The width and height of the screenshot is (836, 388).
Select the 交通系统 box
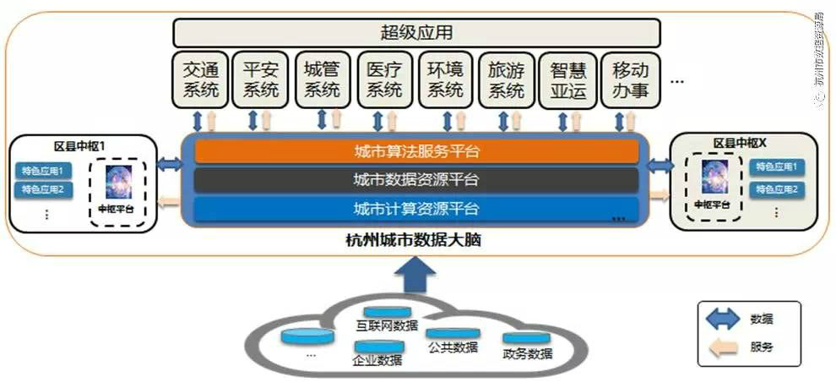(201, 80)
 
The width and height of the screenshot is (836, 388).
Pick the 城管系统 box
(322, 80)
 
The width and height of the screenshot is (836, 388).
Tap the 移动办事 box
(630, 80)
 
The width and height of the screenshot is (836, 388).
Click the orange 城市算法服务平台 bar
(416, 152)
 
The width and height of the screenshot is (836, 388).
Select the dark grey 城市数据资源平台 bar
(416, 180)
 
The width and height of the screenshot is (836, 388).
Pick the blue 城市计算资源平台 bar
(416, 208)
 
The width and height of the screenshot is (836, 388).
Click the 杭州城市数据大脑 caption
(416, 241)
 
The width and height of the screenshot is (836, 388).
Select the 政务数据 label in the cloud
(527, 353)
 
